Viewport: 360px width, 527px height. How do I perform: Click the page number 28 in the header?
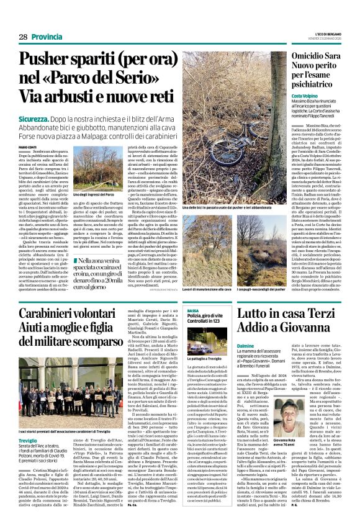coord(23,37)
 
